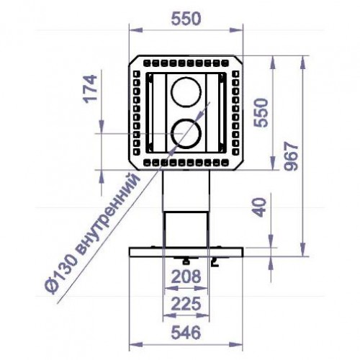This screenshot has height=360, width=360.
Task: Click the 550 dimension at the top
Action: click(186, 21)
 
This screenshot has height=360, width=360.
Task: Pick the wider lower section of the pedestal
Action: click(186, 229)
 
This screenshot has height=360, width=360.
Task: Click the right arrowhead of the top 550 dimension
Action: click(239, 32)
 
